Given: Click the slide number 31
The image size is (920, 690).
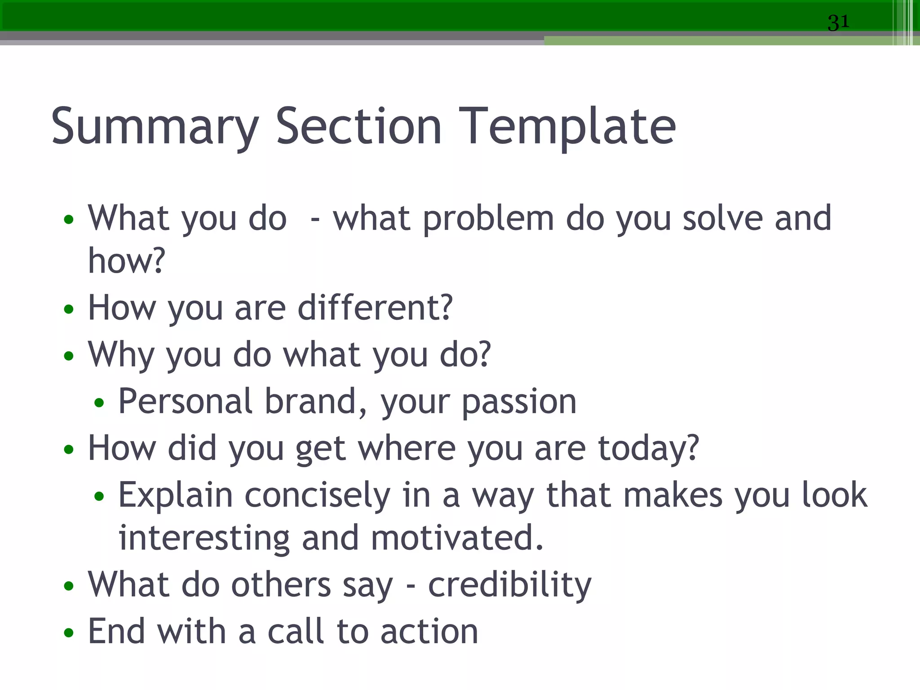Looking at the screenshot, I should point(838,22).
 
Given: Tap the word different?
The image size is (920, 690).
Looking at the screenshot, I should point(375,308).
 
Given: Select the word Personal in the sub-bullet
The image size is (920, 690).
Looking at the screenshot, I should point(185,401).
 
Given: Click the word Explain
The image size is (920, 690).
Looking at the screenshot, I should point(175,496).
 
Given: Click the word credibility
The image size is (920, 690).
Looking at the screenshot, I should point(509,586).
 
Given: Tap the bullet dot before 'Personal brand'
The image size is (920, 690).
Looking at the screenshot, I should point(99,403).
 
